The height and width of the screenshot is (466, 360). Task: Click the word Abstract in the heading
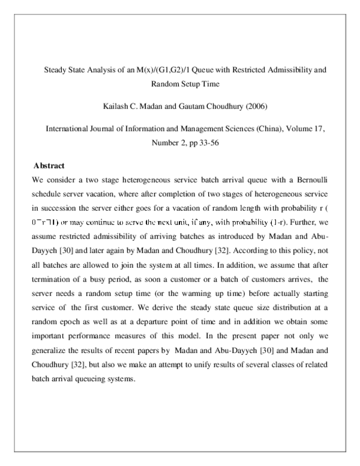point(49,165)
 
